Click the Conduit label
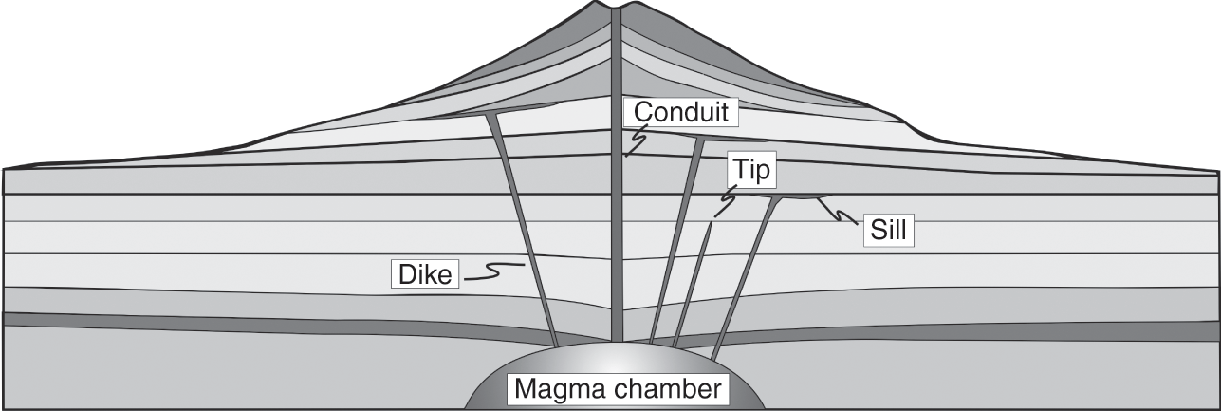point(680,112)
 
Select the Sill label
point(888,231)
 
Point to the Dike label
point(424,274)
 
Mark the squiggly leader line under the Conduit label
point(635,141)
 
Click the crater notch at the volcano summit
point(618,10)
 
